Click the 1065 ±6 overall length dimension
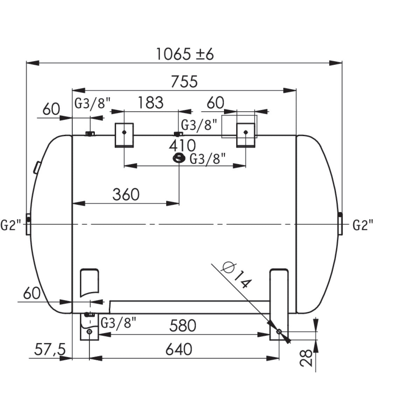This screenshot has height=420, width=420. click(x=184, y=55)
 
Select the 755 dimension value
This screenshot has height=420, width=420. click(x=184, y=82)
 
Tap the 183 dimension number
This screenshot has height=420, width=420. click(x=150, y=103)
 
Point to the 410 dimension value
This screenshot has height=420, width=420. click(x=182, y=145)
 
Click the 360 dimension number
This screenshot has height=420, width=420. click(x=126, y=194)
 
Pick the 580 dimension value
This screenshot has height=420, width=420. click(x=182, y=326)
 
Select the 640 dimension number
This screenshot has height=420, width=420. click(x=179, y=349)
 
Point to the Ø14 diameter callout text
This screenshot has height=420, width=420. click(x=237, y=276)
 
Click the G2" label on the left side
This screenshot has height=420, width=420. click(x=10, y=226)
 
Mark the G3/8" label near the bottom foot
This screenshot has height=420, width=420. click(x=118, y=323)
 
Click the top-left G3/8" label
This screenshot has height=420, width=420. click(x=93, y=103)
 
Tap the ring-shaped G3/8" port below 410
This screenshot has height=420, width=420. click(x=179, y=158)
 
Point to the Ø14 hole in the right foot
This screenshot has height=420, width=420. click(x=279, y=331)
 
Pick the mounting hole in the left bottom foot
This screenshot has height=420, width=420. click(x=90, y=331)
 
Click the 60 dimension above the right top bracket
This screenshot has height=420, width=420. click(x=215, y=103)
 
